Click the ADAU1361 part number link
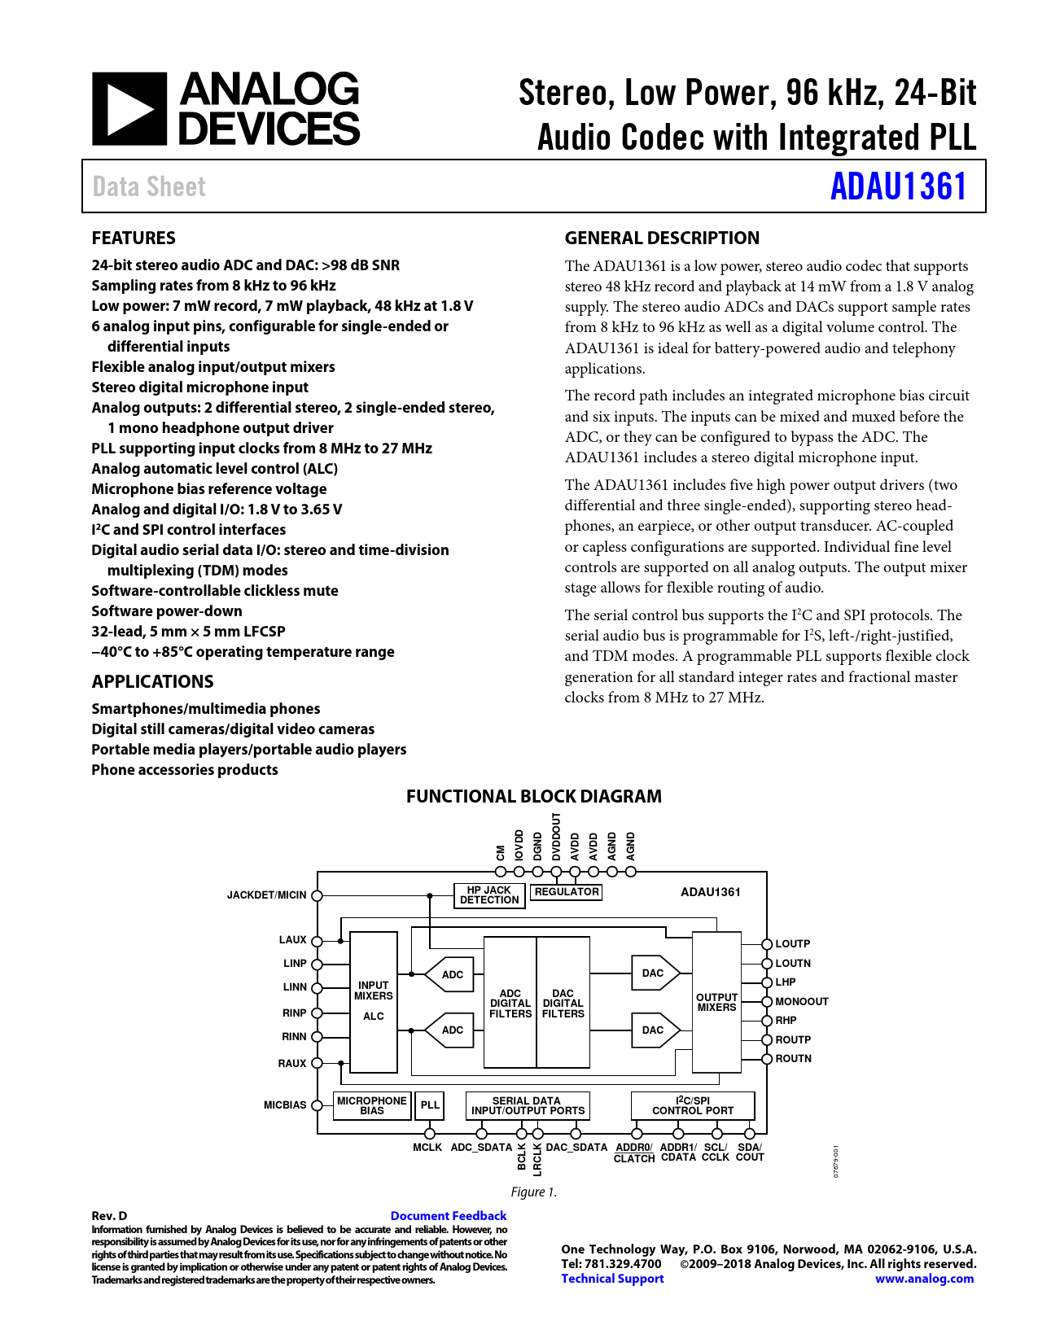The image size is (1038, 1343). [898, 186]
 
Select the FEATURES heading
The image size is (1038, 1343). [134, 238]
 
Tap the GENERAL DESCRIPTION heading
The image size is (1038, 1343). [662, 238]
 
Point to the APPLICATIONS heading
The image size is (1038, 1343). [152, 681]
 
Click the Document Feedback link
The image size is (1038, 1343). [449, 1215]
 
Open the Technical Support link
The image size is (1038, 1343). [612, 1279]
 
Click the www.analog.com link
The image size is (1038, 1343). [924, 1279]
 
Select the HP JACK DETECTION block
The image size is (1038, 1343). [489, 895]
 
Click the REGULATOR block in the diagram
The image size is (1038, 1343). [567, 892]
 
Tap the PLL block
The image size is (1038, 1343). [430, 1105]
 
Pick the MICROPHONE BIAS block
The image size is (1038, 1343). [372, 1105]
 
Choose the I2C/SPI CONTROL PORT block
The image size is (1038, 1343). [693, 1105]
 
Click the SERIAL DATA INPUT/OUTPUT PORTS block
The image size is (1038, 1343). [528, 1105]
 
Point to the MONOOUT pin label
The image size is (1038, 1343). [802, 1002]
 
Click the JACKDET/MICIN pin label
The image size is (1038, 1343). [266, 895]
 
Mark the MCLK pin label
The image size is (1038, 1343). [427, 1148]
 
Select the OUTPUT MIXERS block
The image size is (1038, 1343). [716, 1002]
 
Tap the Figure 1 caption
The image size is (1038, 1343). [533, 1192]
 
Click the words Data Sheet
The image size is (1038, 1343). [149, 186]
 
